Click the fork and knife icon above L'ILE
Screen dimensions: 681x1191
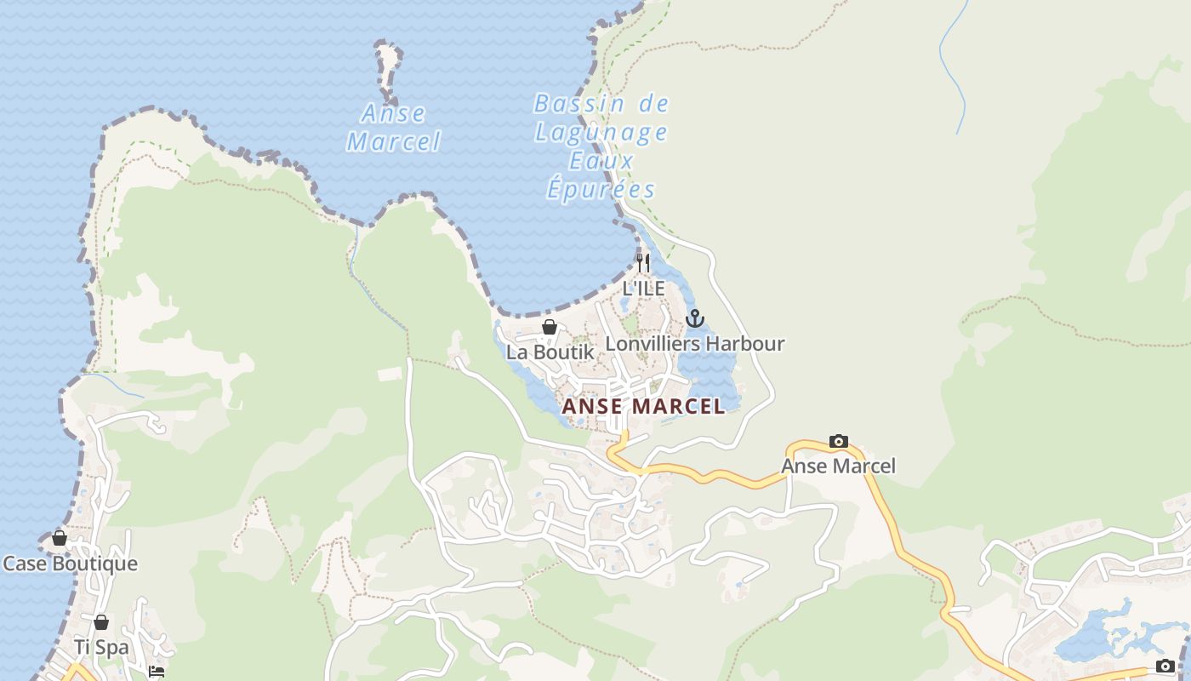click(643, 262)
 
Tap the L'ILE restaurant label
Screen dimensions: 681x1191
click(643, 289)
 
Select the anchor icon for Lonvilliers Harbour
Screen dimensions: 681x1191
click(695, 318)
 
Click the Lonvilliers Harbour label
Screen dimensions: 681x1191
click(694, 344)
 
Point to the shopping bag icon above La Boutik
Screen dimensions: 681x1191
click(550, 327)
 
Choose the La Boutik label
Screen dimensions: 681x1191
click(550, 352)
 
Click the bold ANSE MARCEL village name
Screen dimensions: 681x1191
click(644, 406)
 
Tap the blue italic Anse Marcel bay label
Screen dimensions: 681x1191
click(394, 128)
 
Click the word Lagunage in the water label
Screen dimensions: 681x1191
click(601, 133)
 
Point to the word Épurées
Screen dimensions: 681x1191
click(601, 189)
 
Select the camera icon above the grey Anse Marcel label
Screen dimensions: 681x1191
click(838, 441)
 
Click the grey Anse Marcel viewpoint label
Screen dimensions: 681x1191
click(838, 466)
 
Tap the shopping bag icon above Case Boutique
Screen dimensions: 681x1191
click(60, 538)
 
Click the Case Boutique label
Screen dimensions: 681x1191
click(70, 564)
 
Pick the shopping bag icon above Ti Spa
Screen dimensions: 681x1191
click(101, 622)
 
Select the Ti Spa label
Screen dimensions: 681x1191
click(101, 647)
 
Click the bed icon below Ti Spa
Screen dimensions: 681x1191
click(156, 672)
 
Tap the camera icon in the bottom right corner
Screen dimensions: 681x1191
click(1165, 666)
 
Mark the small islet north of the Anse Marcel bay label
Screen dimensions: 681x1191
click(389, 65)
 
